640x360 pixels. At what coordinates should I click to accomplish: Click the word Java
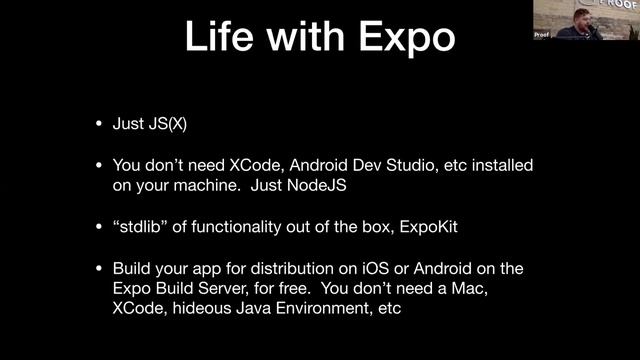click(259, 309)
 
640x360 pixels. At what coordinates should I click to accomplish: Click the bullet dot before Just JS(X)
click(98, 125)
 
